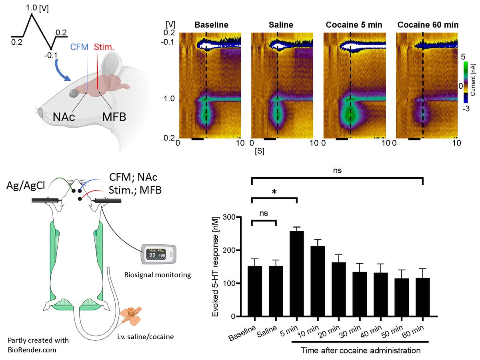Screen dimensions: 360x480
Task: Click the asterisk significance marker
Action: pos(274,192)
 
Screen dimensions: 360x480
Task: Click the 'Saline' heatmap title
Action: pos(282,25)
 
